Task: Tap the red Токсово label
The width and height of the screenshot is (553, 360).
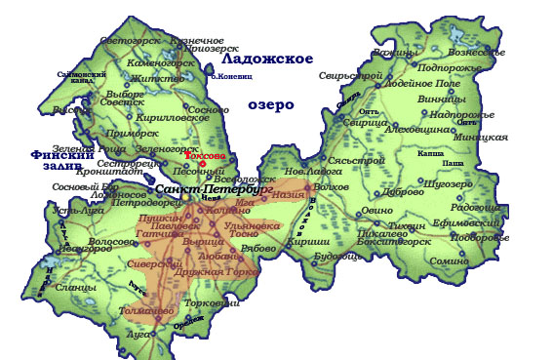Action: (x=204, y=155)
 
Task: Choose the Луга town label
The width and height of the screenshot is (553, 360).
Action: (x=141, y=334)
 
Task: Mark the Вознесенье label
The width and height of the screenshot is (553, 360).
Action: (x=475, y=52)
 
